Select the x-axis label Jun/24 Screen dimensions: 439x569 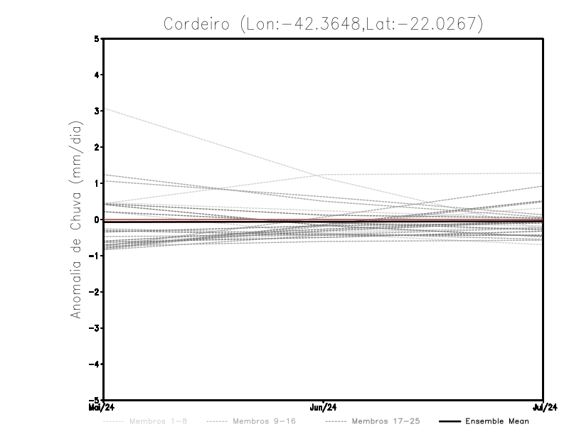tap(324, 408)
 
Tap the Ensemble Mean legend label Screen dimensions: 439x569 tap(496, 421)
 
